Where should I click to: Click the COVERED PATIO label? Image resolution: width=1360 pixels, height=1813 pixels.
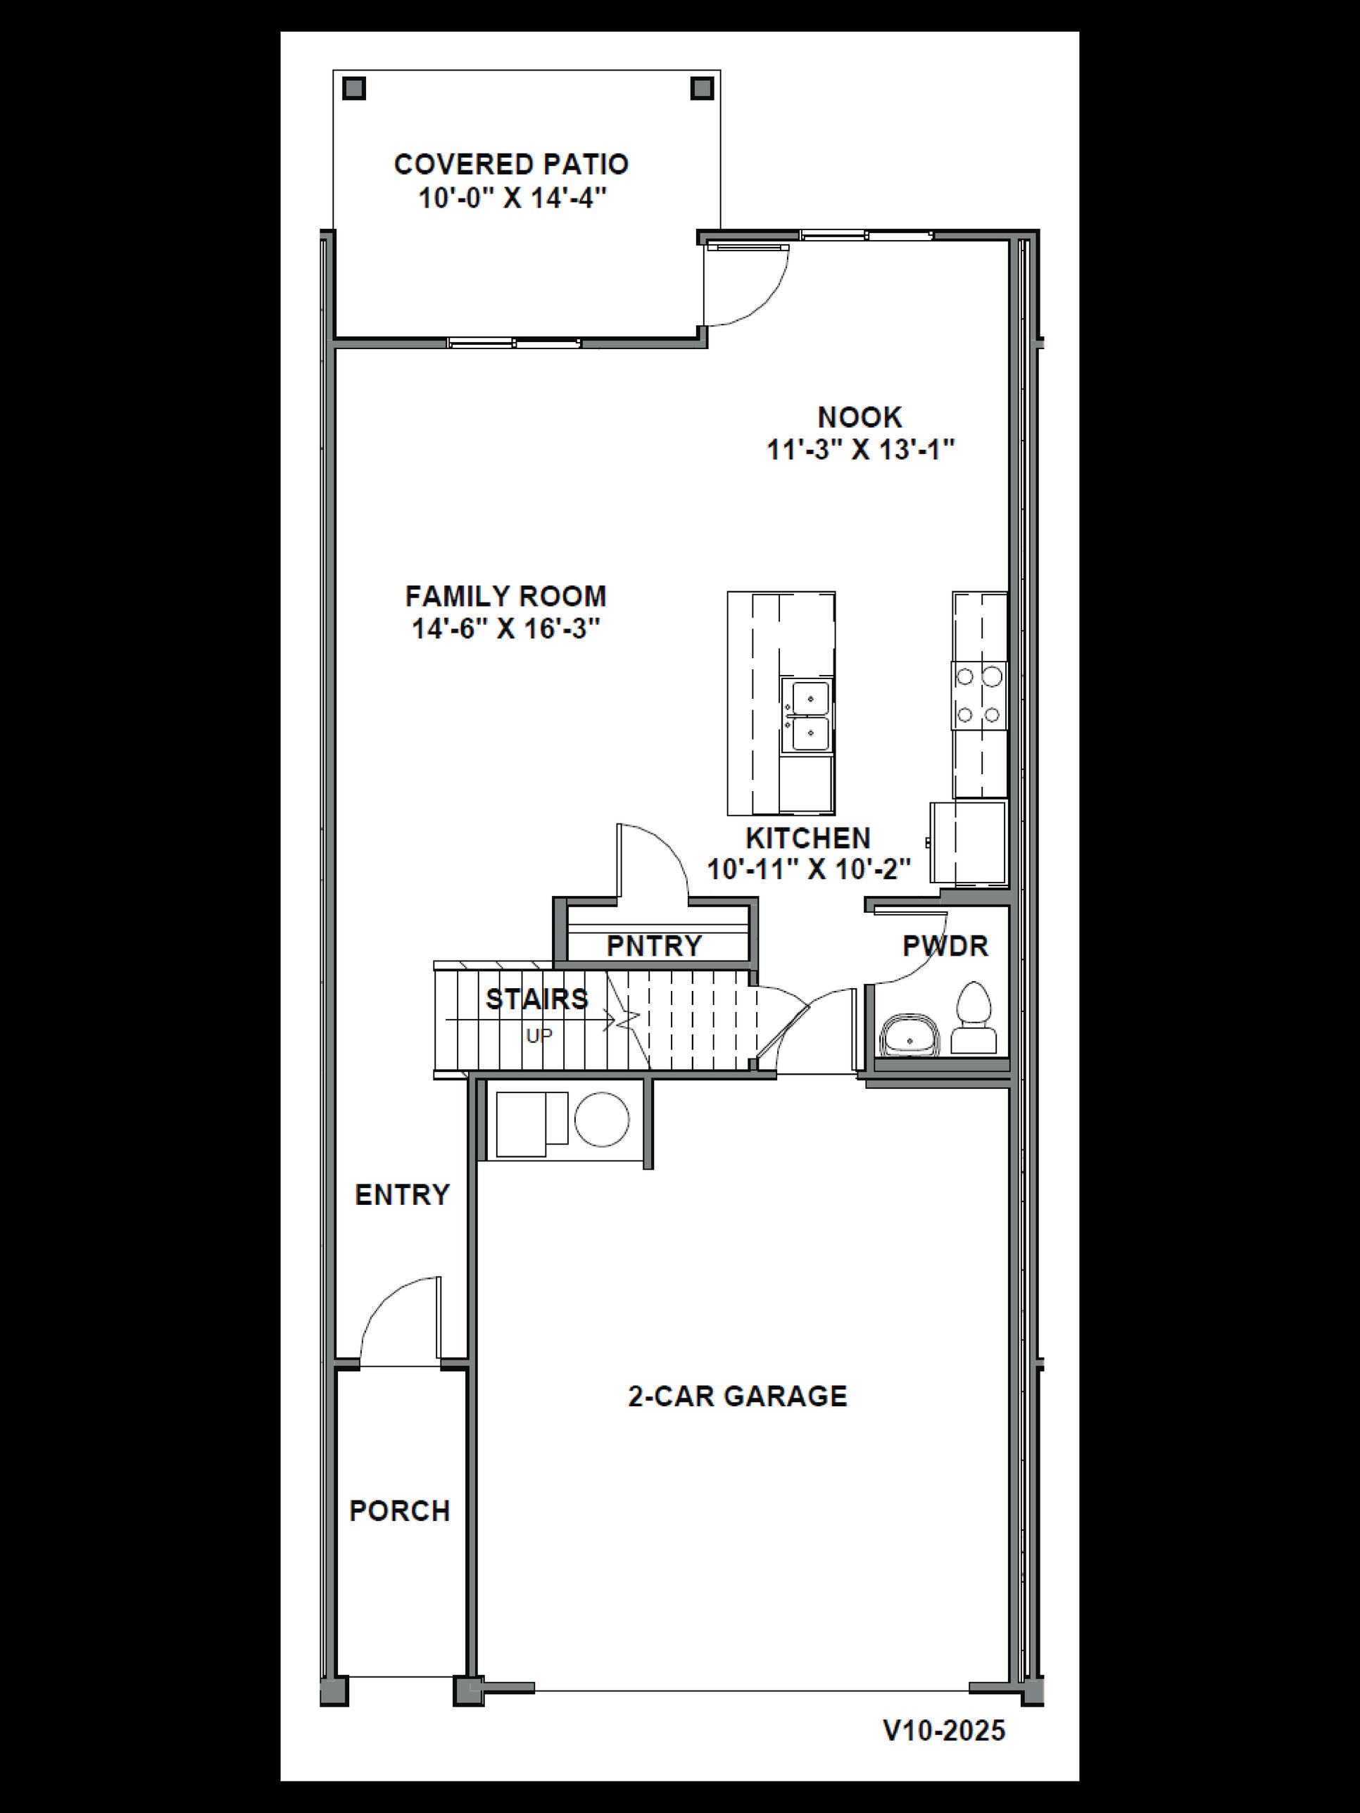(511, 165)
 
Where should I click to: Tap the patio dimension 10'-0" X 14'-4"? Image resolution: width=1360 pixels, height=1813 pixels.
(512, 198)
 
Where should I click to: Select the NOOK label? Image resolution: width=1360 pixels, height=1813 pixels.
(859, 417)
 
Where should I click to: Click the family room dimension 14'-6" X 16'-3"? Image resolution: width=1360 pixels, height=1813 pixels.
(506, 628)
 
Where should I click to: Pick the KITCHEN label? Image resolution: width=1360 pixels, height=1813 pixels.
(807, 838)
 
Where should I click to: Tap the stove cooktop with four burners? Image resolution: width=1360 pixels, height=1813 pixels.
(978, 695)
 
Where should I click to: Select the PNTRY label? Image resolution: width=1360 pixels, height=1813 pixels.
(653, 946)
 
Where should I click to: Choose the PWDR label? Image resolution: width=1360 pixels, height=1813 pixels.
(945, 946)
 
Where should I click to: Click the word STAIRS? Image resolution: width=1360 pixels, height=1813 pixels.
(536, 999)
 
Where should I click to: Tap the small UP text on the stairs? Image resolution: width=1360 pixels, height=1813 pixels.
(539, 1036)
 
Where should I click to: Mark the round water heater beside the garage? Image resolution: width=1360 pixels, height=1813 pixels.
(602, 1120)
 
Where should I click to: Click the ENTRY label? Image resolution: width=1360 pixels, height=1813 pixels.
(402, 1195)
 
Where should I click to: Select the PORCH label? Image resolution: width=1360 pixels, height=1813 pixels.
(399, 1510)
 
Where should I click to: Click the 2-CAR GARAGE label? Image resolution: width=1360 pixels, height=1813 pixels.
(737, 1396)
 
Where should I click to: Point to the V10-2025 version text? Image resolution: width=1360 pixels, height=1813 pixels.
(943, 1730)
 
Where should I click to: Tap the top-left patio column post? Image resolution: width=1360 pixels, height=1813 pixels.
(353, 89)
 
